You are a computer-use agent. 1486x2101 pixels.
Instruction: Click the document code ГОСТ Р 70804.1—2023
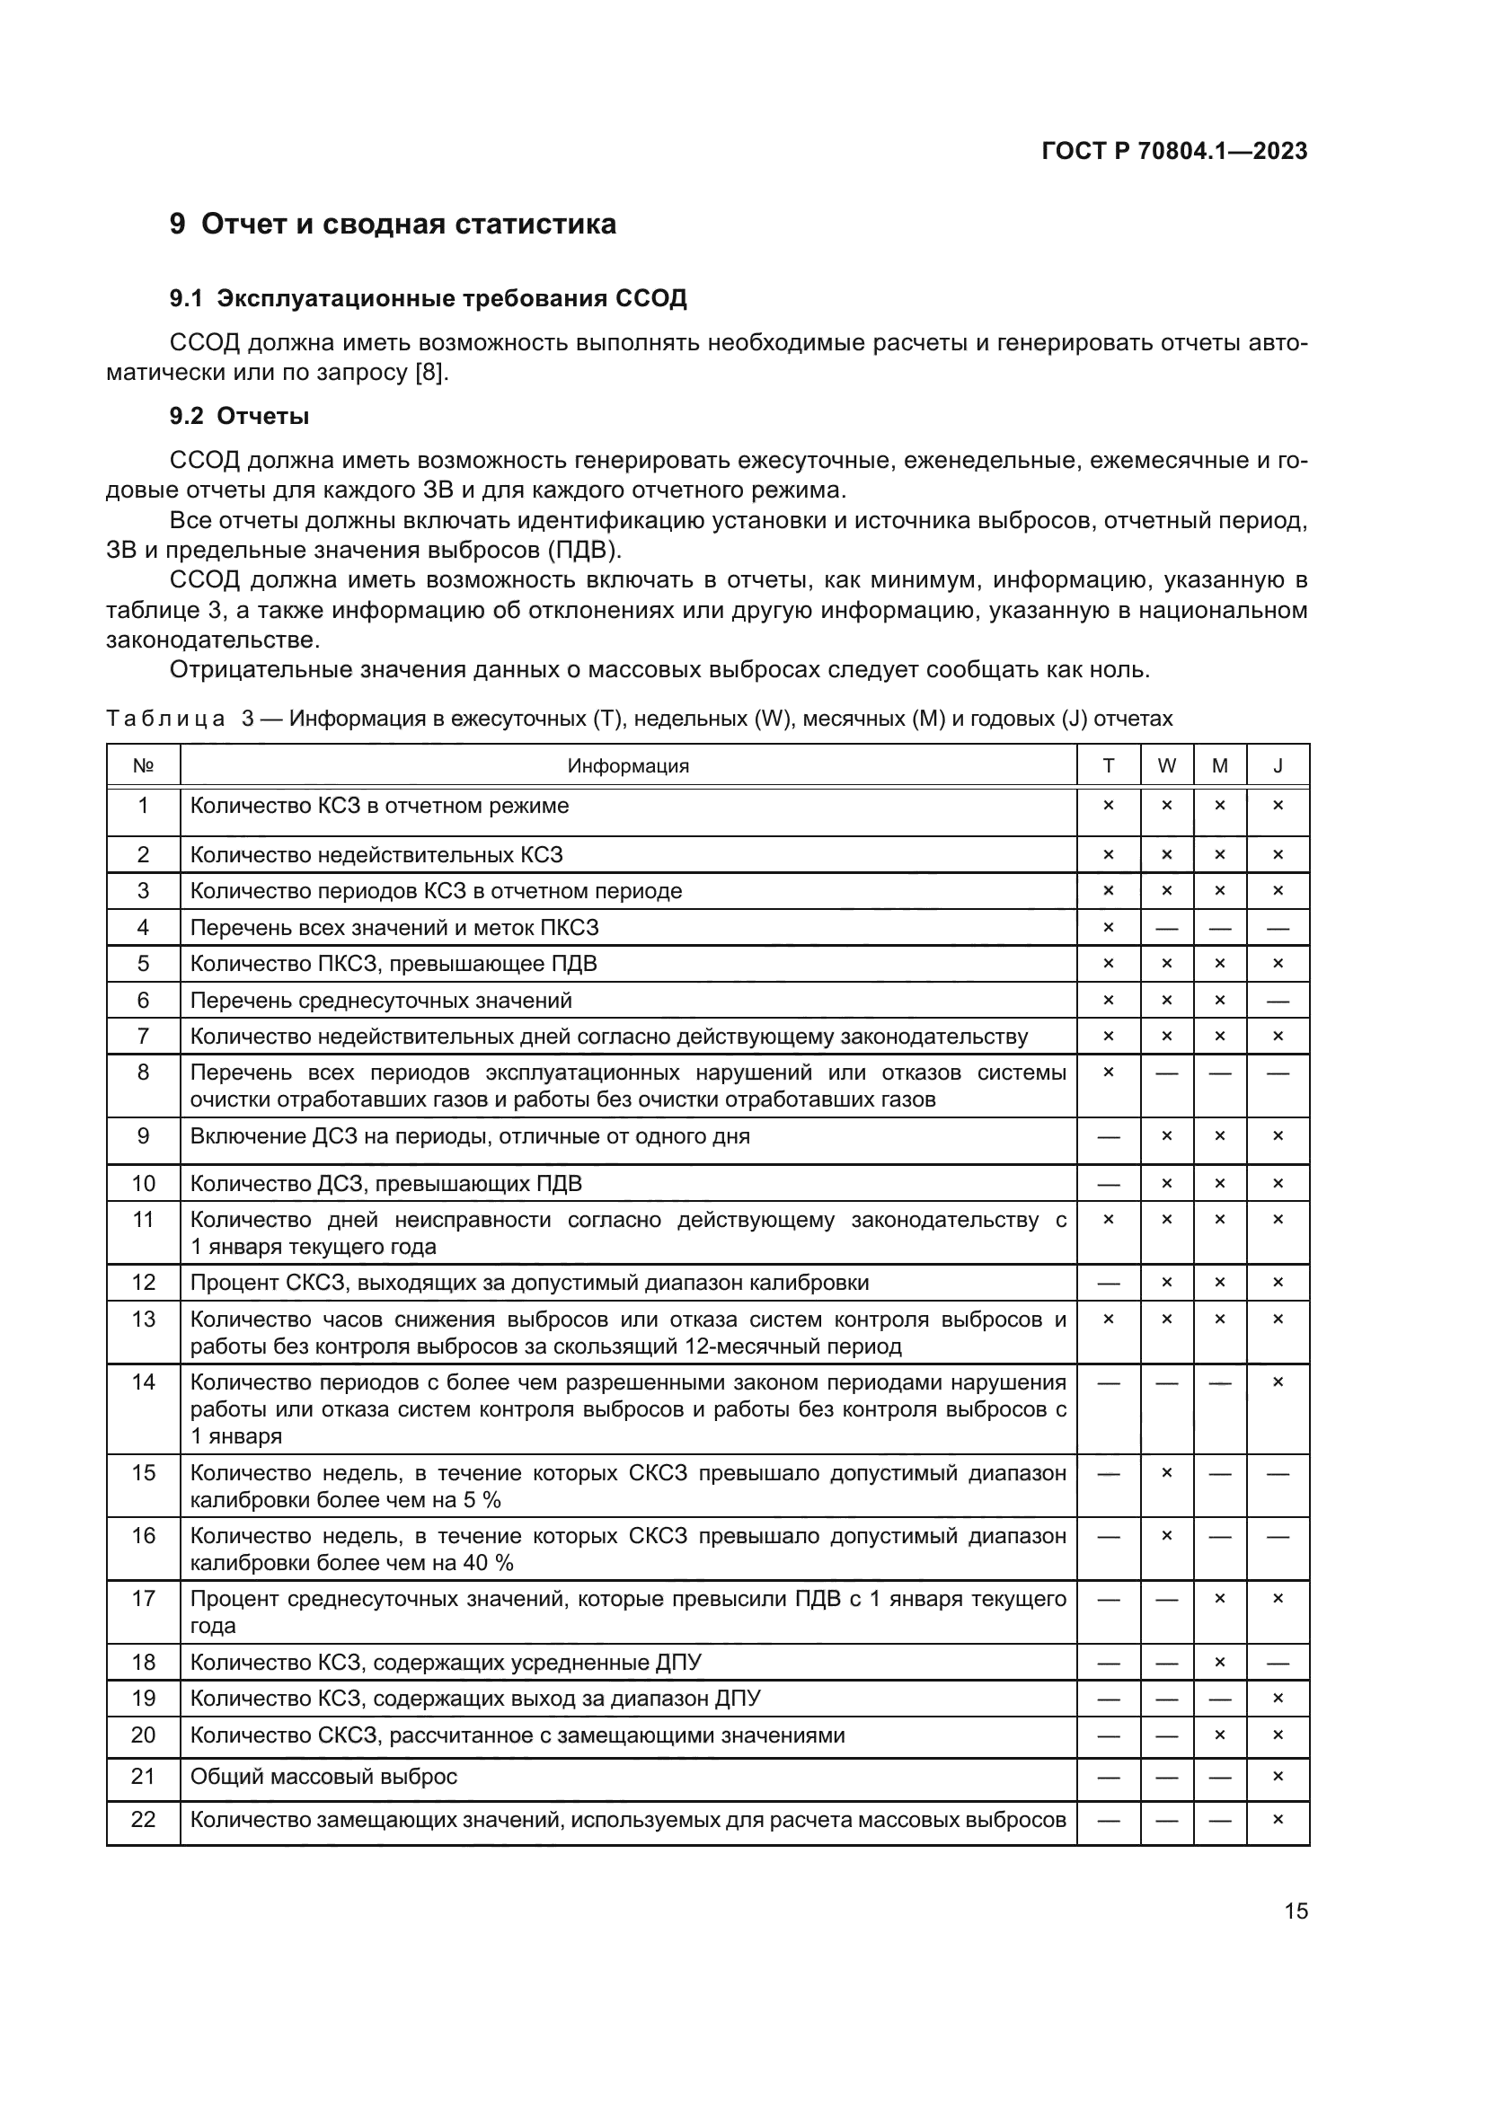coord(1174,152)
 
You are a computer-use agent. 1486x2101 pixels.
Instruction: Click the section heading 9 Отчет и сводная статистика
coord(393,225)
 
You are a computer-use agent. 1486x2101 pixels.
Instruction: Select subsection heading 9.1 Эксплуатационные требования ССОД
coord(428,299)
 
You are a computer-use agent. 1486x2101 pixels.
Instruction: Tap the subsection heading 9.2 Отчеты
coord(239,417)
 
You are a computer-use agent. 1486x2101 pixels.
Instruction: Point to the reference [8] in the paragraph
coord(430,374)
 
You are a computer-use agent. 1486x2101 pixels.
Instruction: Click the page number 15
coord(1296,1911)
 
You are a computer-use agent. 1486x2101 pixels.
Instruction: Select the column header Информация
coord(628,766)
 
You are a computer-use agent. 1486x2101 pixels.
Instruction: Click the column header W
coord(1167,766)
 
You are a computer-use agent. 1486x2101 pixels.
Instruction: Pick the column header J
coord(1278,766)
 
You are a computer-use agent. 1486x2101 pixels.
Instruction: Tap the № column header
coord(143,766)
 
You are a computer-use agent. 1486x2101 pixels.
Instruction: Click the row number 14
coord(143,1382)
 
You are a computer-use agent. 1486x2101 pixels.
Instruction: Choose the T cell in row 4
coord(1108,928)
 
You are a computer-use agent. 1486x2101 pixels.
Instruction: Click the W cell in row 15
coord(1167,1473)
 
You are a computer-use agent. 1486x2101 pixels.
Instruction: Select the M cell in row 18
coord(1220,1663)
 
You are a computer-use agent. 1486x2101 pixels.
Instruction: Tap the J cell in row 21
coord(1278,1776)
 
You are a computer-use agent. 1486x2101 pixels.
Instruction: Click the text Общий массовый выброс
coord(323,1777)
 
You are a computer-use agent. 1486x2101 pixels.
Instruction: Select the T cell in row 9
coord(1108,1137)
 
